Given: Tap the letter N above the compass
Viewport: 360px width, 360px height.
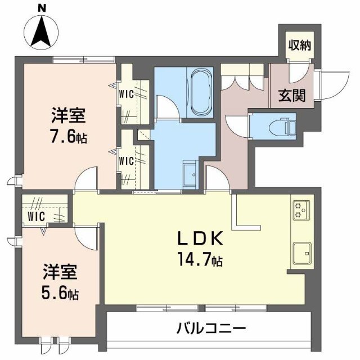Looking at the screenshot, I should coord(42,8).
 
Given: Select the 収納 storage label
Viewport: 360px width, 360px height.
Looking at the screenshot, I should coord(300,44).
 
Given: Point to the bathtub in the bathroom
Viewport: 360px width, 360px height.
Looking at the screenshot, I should coord(199,92).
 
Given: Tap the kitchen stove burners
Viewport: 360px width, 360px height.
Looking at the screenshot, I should coord(299,210).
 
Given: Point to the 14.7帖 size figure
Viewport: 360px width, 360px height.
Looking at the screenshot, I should coord(201,260).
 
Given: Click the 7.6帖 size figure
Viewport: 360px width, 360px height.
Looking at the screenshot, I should coord(69,137).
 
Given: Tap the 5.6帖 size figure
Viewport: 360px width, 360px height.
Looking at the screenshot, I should coord(60,293).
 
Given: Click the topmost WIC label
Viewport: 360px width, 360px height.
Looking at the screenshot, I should coord(127,94).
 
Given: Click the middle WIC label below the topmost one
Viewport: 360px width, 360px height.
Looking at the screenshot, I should coord(127,160).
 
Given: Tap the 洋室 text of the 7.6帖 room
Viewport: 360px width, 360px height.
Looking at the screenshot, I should coord(69,116).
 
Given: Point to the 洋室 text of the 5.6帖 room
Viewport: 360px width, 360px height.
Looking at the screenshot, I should coord(60,273).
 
